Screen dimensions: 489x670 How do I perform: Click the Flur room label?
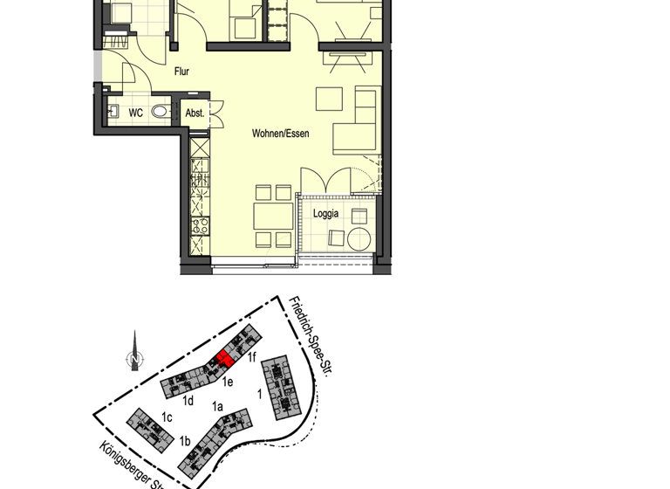pyautogui.click(x=181, y=72)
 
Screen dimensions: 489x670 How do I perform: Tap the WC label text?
pyautogui.click(x=135, y=113)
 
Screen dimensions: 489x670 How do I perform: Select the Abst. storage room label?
pyautogui.click(x=195, y=113)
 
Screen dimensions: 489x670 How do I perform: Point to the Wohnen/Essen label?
pyautogui.click(x=280, y=134)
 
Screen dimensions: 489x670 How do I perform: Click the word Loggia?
pyautogui.click(x=325, y=212)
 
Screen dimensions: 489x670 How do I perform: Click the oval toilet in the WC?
pyautogui.click(x=160, y=112)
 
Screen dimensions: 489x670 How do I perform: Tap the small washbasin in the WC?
pyautogui.click(x=113, y=112)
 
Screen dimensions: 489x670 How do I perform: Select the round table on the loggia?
pyautogui.click(x=359, y=237)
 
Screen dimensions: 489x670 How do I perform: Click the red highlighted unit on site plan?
pyautogui.click(x=222, y=359)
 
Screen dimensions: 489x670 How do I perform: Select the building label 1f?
pyautogui.click(x=252, y=356)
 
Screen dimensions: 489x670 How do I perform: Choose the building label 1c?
pyautogui.click(x=167, y=417)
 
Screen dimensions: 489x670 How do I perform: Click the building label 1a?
pyautogui.click(x=217, y=406)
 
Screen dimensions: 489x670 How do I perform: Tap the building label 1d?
pyautogui.click(x=188, y=401)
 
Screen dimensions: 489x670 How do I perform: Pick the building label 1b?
pyautogui.click(x=184, y=442)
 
